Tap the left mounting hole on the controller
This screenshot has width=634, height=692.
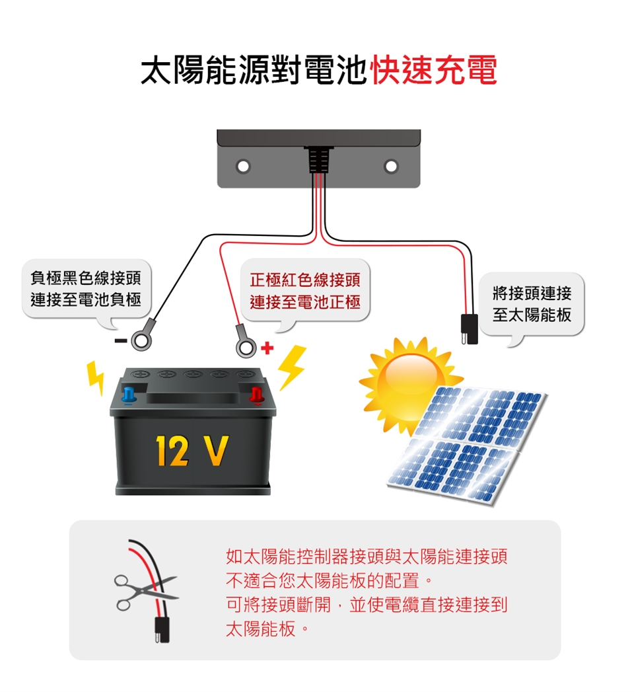243,165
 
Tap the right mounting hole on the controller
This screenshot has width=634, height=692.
391,165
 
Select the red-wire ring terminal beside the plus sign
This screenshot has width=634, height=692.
245,346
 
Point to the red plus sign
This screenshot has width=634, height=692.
267,347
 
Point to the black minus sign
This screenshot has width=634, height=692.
120,341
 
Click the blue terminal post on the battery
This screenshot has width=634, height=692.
129,395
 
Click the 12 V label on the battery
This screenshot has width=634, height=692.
192,452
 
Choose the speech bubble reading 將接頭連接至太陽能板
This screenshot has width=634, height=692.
532,304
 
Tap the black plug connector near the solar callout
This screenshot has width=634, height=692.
469,328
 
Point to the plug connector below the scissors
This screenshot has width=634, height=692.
160,629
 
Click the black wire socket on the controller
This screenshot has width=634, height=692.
318,158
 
